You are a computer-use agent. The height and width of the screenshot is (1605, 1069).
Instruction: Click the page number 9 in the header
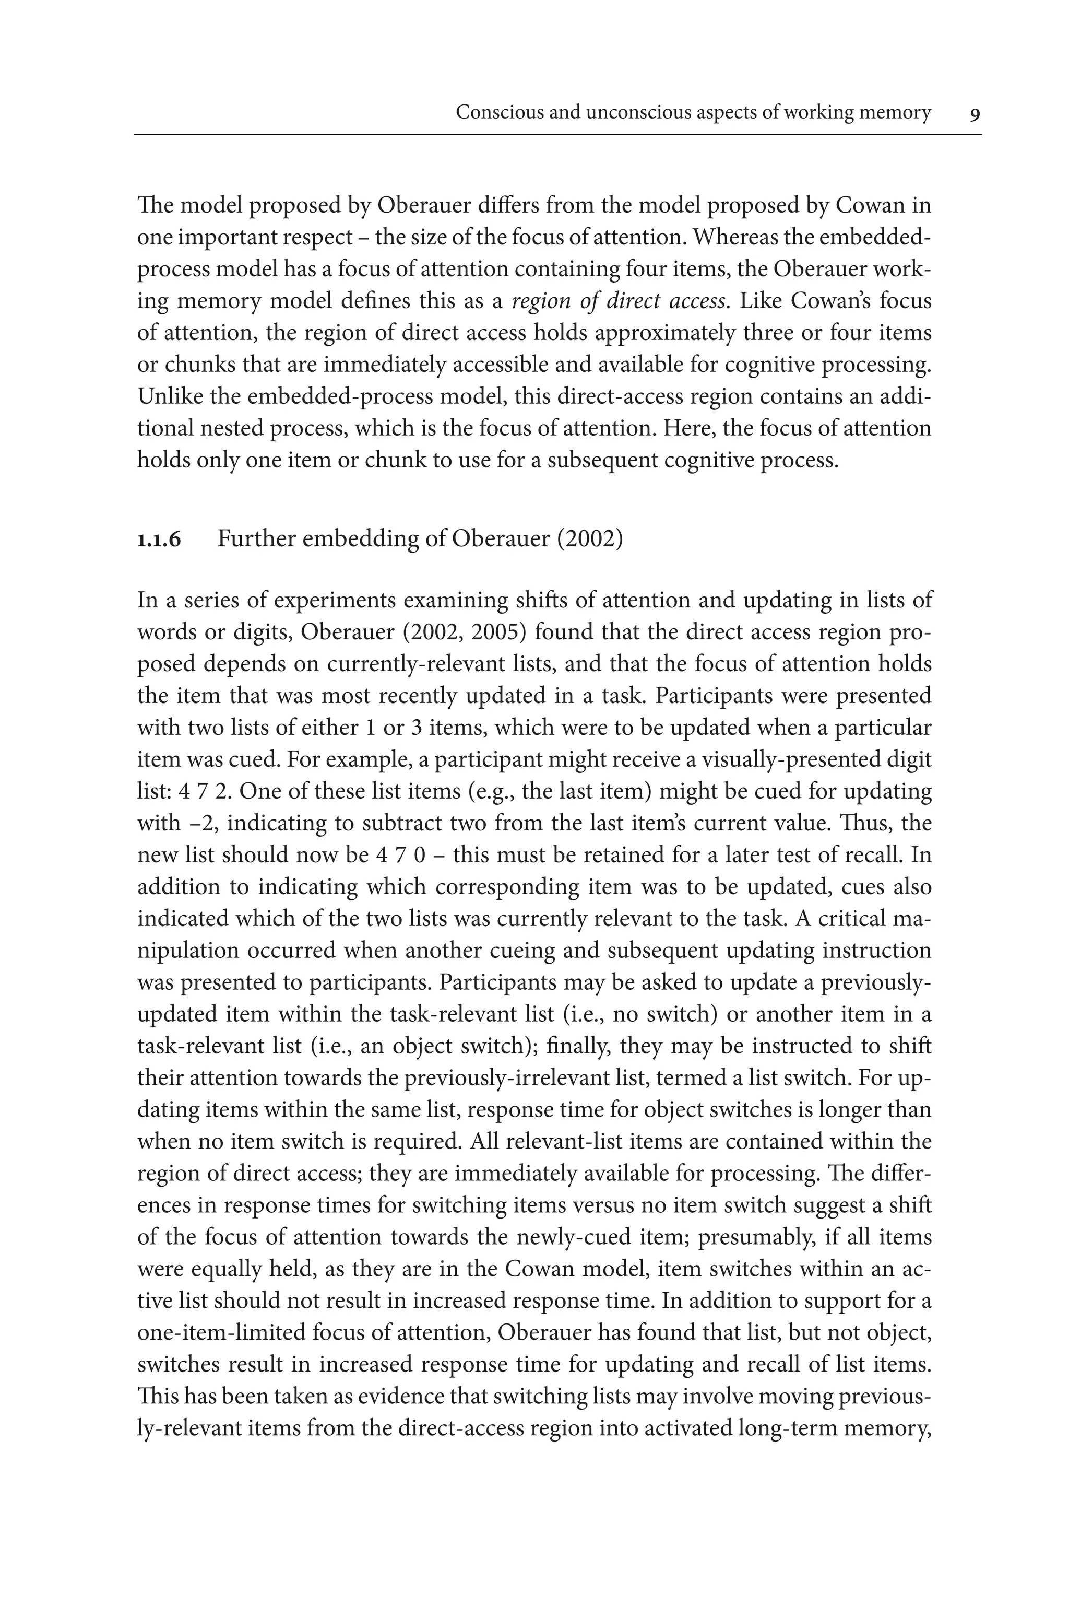click(975, 114)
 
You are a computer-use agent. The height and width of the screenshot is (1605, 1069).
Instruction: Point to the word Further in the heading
click(256, 539)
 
